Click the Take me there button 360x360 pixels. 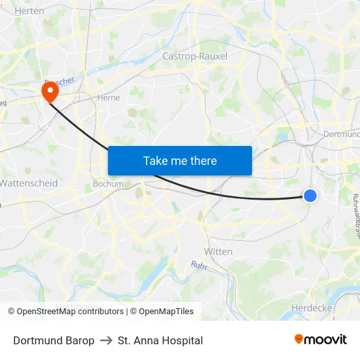click(x=180, y=160)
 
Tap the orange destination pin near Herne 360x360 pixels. click(x=49, y=91)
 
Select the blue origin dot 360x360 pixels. click(x=310, y=195)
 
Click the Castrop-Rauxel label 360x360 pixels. click(x=195, y=56)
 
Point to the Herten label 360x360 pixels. click(x=29, y=10)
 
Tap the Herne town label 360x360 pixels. click(x=107, y=97)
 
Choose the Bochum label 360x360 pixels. click(x=108, y=184)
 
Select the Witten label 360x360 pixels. click(x=219, y=251)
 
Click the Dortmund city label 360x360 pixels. click(x=342, y=134)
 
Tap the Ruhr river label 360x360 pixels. click(x=199, y=265)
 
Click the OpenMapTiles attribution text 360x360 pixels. click(x=166, y=312)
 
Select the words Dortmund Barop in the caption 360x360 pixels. click(x=54, y=340)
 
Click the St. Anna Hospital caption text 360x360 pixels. click(x=160, y=340)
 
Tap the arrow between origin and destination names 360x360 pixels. click(x=106, y=340)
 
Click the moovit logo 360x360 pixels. click(x=321, y=339)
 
